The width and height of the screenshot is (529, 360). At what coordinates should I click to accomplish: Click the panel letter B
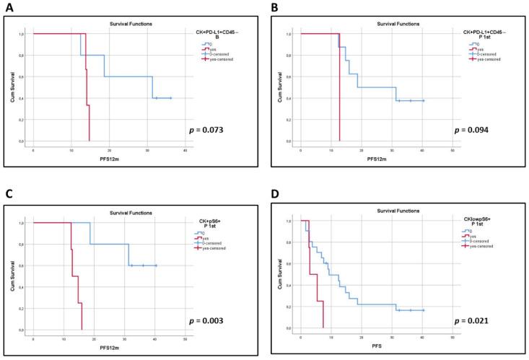tap(274, 8)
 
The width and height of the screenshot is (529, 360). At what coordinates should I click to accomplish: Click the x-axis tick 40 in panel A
tap(185, 149)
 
